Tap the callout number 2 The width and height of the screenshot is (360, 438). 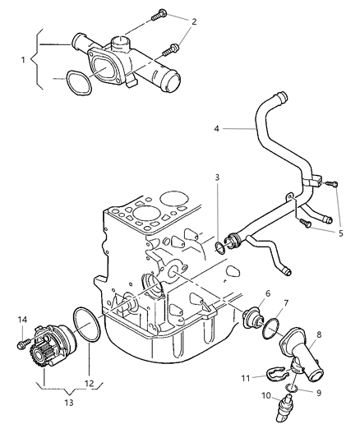(193, 21)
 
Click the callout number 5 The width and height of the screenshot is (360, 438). (339, 232)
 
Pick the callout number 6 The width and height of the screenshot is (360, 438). (267, 294)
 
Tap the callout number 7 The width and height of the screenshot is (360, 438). (285, 305)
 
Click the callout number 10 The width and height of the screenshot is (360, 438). (265, 396)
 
